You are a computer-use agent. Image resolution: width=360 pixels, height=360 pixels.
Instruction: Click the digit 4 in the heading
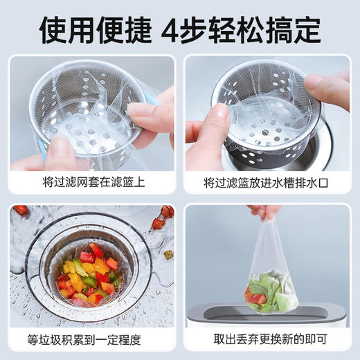(172, 28)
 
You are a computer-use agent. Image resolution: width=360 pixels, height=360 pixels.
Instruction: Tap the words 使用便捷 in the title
(95, 28)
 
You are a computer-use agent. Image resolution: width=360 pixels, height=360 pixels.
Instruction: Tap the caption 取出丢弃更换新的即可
(267, 340)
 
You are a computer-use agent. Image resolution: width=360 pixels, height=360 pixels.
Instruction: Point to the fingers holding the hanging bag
(264, 211)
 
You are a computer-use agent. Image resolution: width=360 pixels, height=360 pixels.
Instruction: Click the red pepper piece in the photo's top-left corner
(21, 210)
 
